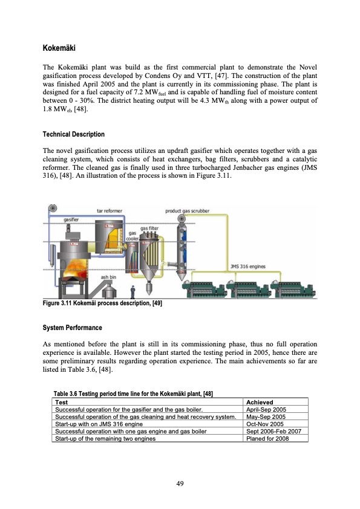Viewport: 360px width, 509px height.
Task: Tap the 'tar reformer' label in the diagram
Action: [110, 211]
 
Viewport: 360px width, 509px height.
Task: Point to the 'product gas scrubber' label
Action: [188, 211]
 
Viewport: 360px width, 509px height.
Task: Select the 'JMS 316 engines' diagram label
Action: [247, 265]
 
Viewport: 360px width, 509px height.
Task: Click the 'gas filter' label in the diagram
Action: [149, 229]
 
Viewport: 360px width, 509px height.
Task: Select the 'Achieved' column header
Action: [257, 402]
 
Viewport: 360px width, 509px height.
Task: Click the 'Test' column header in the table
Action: [61, 402]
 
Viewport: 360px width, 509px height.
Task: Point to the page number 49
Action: [180, 483]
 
